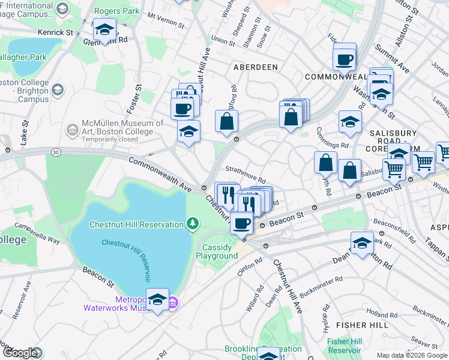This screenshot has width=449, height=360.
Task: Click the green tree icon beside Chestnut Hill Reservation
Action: [192, 224]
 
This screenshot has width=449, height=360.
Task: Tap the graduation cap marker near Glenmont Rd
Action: [104, 30]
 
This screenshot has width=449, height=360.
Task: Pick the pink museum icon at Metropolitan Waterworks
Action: [173, 302]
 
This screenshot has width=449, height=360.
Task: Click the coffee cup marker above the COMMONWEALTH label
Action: [345, 60]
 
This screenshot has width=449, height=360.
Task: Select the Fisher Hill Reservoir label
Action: [345, 346]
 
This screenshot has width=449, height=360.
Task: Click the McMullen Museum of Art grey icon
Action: [71, 130]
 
